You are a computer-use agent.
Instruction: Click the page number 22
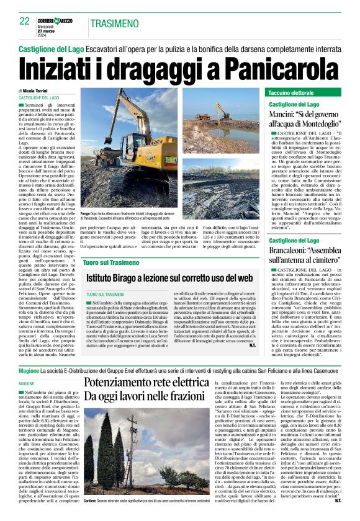pos(24,21)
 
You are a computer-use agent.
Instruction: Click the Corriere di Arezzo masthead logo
pos(59,21)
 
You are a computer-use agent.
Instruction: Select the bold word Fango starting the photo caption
pos(86,213)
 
